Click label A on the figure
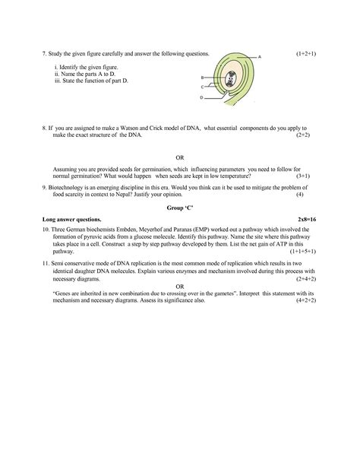[260, 57]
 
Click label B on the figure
[202, 78]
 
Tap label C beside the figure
[202, 87]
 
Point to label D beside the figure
[201, 97]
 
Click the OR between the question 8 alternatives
[179, 158]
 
